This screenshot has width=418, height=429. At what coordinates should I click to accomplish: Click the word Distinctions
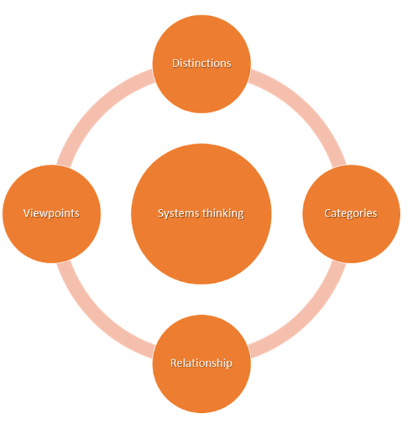coord(202,64)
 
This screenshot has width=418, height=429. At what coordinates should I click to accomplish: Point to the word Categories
coord(351,214)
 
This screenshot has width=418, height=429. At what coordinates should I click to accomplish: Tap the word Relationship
coord(202,363)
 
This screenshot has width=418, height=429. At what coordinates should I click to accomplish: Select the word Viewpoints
coord(52,214)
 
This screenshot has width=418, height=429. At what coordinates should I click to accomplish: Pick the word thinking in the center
coord(222,214)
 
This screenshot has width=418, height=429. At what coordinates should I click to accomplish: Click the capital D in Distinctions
coord(176,64)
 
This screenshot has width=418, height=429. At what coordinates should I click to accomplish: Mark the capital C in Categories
coord(328,214)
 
